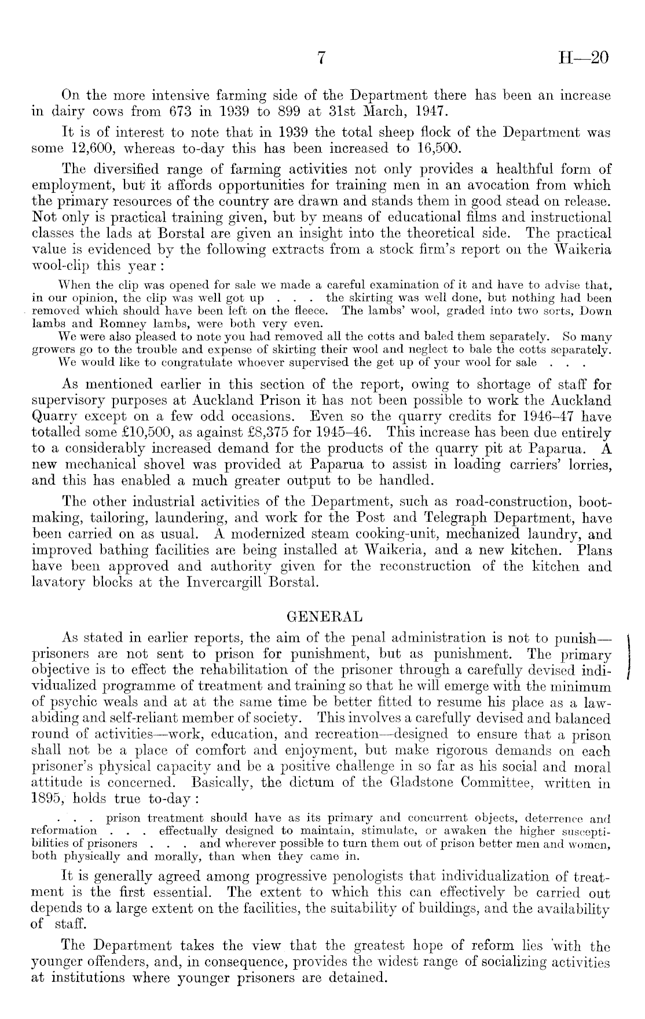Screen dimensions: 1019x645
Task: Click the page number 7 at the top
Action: [322, 58]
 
